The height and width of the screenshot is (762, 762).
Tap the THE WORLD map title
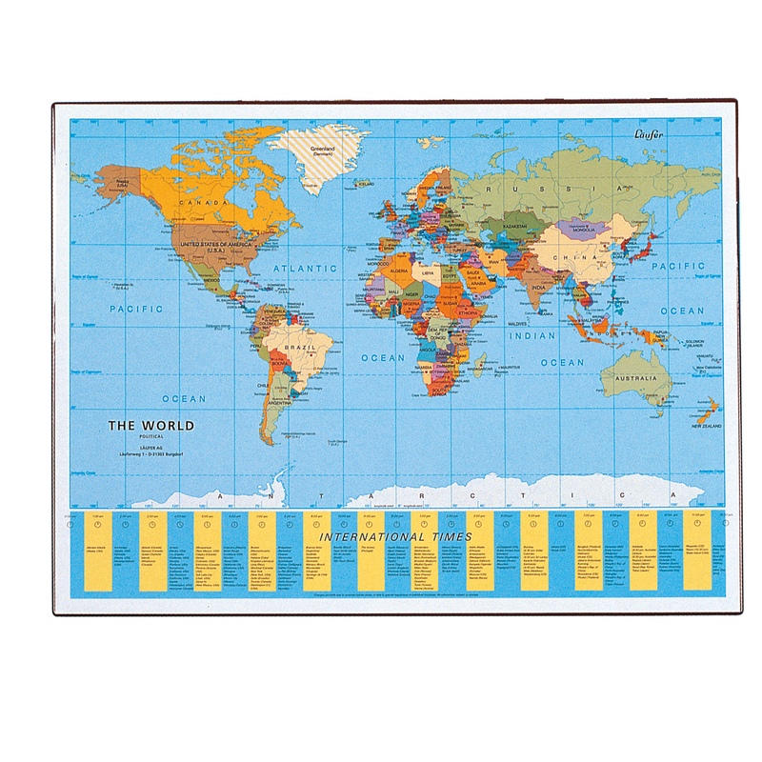click(150, 426)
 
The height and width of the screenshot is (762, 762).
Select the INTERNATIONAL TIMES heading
click(395, 537)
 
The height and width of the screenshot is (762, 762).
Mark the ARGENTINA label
click(279, 403)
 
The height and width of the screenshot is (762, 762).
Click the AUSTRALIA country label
click(636, 378)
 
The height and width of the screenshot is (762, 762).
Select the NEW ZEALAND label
click(706, 425)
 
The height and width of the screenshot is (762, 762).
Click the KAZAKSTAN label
click(514, 229)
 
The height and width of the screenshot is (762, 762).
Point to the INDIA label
click(538, 289)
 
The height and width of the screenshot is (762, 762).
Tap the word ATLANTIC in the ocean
click(300, 270)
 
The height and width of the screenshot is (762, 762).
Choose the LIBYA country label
click(428, 273)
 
